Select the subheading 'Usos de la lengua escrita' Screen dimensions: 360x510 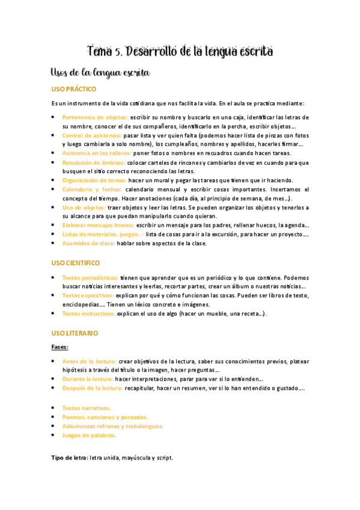[100, 73]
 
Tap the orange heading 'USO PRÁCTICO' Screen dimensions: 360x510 [74, 90]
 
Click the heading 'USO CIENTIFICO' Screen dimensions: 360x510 [76, 263]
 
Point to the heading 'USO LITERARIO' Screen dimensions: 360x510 [75, 333]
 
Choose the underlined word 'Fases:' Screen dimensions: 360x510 [60, 347]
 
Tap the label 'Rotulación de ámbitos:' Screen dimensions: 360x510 [94, 162]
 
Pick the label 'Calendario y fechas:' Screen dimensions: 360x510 [91, 189]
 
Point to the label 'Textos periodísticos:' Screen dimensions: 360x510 [90, 278]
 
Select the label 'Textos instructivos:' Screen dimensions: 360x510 [88, 313]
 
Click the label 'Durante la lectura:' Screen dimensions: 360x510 [88, 379]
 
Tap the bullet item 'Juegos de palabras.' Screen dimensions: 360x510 [89, 435]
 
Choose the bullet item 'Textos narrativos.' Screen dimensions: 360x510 [87, 408]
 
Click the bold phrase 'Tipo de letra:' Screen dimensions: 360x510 [70, 458]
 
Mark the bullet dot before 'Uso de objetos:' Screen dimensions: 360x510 [53, 207]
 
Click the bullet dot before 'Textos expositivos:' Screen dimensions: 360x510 [53, 296]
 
